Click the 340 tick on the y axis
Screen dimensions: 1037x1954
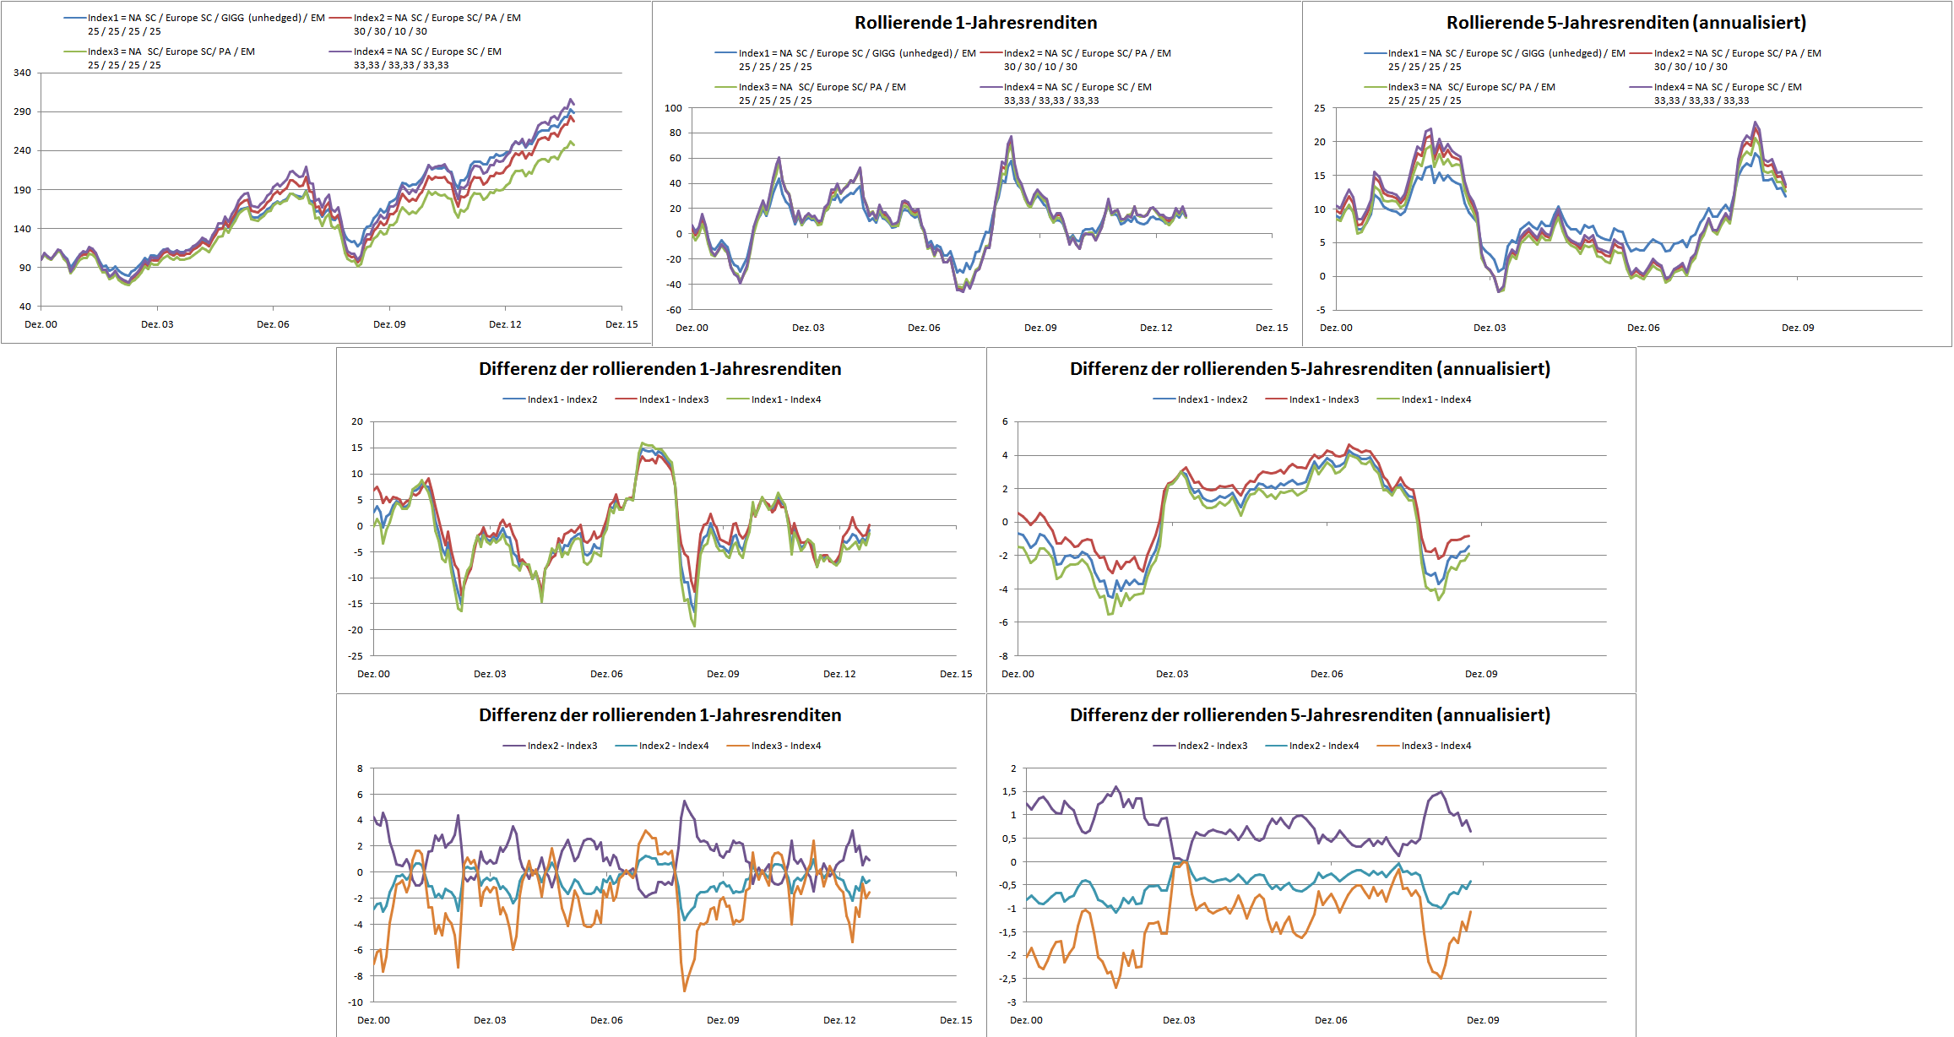coord(22,73)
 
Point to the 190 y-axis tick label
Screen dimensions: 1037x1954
coord(22,190)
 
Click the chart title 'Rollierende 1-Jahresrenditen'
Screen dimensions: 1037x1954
coord(975,23)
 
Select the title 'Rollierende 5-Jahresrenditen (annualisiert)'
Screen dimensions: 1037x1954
coord(1626,23)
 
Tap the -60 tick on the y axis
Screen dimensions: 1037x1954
coord(673,310)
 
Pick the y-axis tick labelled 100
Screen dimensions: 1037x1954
coord(673,108)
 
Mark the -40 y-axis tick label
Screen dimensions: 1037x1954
coord(673,285)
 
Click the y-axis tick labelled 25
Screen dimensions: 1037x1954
coord(1320,108)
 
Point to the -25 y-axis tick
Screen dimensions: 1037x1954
coord(356,655)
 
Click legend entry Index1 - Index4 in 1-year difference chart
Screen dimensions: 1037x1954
coord(785,399)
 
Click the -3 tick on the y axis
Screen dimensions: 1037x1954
coord(1010,1002)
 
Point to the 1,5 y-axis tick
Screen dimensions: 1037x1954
coord(1008,791)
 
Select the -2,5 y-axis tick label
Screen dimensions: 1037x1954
coord(1007,979)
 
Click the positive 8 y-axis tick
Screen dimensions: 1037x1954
coord(360,768)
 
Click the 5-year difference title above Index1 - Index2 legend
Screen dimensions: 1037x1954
coord(1310,369)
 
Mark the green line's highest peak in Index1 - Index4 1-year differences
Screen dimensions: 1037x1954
coord(643,442)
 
